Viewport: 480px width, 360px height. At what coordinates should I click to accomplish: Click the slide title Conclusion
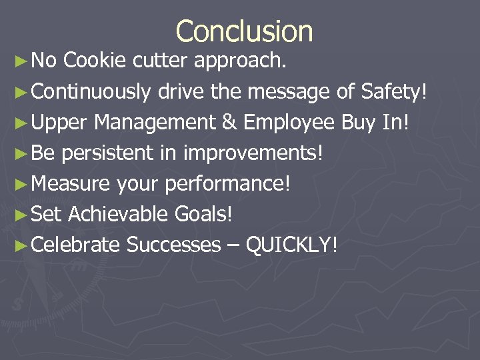244,31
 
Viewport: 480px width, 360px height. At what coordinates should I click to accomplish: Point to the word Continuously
91,93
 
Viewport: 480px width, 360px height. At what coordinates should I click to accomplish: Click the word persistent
107,154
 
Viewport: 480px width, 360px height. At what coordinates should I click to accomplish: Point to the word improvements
254,154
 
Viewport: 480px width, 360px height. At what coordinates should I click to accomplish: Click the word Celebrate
75,245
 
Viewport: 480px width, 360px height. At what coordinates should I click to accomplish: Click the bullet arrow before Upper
21,123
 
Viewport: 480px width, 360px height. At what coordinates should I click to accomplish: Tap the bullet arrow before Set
21,215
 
